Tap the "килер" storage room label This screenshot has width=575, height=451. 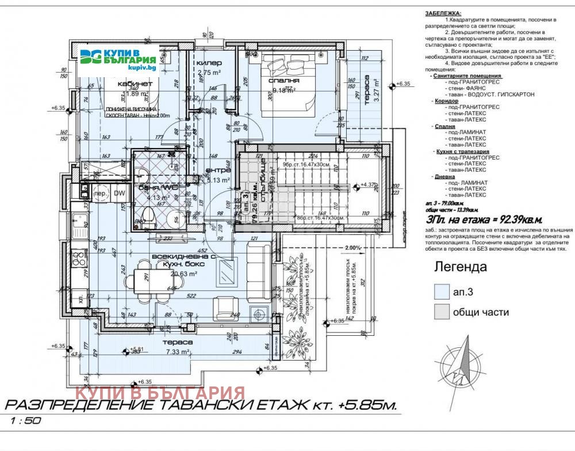point(206,63)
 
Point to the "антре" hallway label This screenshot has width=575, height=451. point(218,170)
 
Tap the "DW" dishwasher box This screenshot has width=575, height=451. point(119,194)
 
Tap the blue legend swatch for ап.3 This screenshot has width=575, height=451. point(440,291)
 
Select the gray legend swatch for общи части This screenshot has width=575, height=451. point(440,312)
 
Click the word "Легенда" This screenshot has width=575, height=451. point(459,267)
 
